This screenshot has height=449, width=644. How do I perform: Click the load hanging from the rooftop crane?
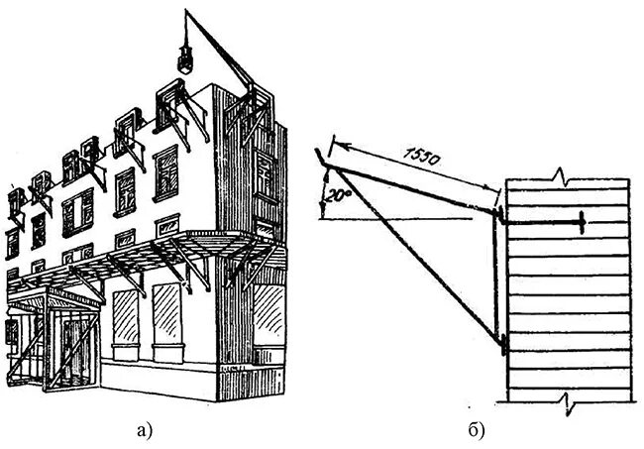[x=183, y=58]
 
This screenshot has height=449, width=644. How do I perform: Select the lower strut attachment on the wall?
[x=504, y=346]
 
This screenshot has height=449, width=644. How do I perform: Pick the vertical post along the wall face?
[x=495, y=278]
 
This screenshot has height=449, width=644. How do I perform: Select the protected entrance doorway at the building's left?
[x=69, y=347]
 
